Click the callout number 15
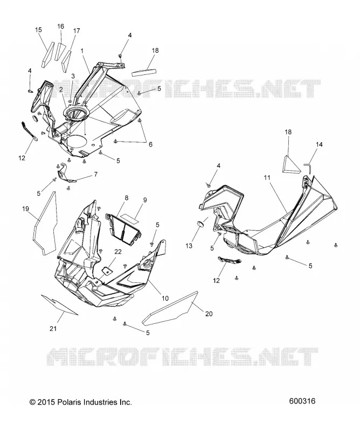[x=38, y=30]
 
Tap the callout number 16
[x=60, y=26]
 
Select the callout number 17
[x=77, y=31]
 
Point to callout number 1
[x=82, y=51]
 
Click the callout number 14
[x=319, y=144]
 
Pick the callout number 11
[x=267, y=178]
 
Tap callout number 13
[x=189, y=246]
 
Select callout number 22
[x=118, y=252]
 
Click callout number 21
[x=53, y=328]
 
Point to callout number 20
[x=209, y=314]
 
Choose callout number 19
[x=25, y=209]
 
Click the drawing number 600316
[x=302, y=401]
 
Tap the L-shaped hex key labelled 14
[x=308, y=168]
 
